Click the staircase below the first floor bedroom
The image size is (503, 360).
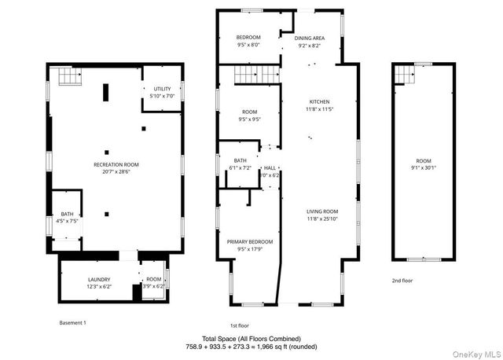pos(257,75)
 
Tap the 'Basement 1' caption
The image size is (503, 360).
pos(73,322)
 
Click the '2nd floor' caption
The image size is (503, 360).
pos(402,280)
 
